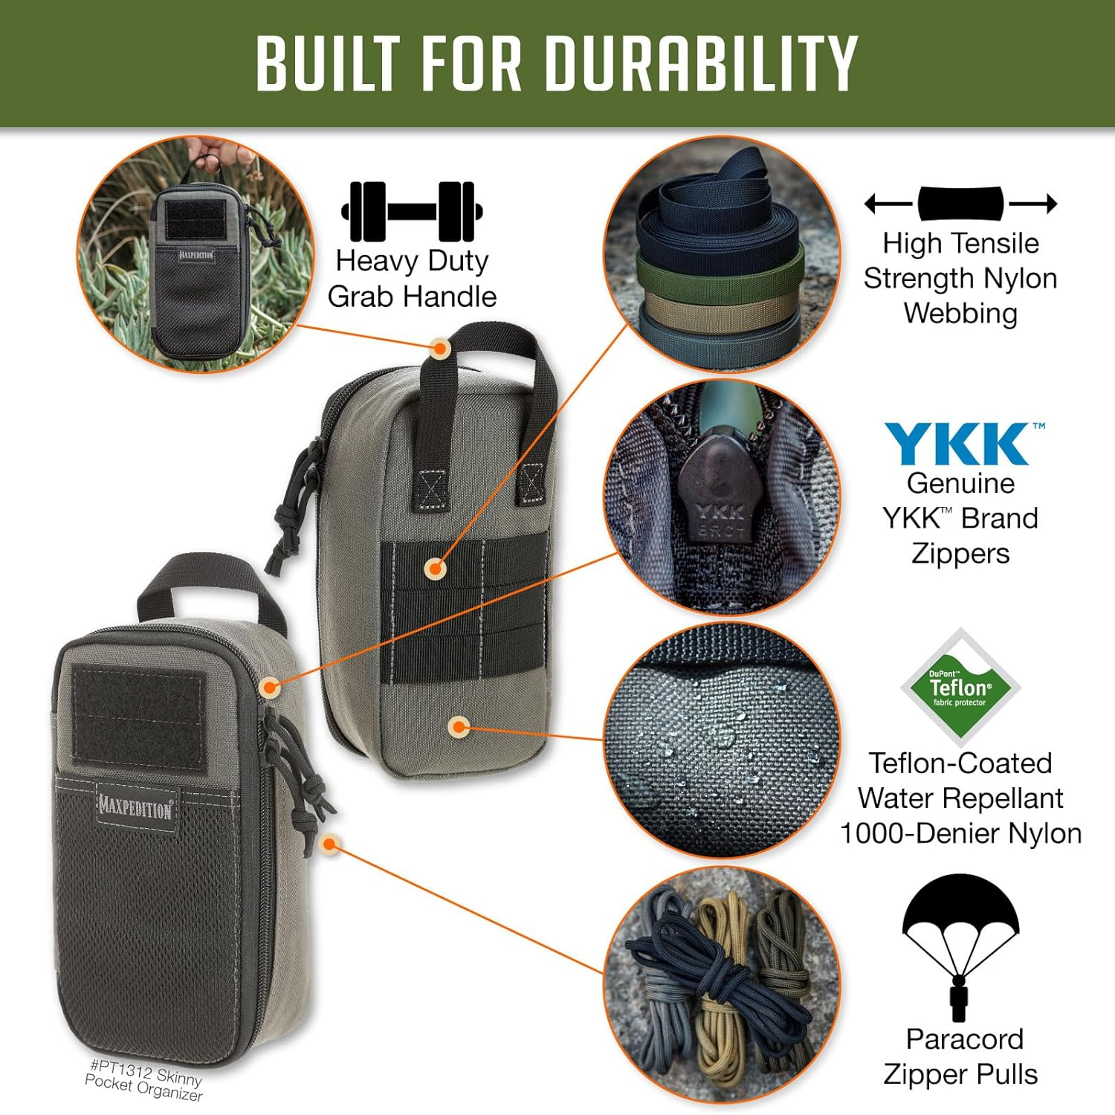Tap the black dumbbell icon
[x=412, y=211]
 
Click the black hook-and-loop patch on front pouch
[x=138, y=717]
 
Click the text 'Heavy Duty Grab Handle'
[x=412, y=279]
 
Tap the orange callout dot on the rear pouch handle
[x=440, y=347]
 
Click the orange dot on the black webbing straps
[x=435, y=569]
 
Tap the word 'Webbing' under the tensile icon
[x=960, y=313]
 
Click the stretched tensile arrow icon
[x=960, y=203]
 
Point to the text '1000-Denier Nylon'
[x=960, y=833]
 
